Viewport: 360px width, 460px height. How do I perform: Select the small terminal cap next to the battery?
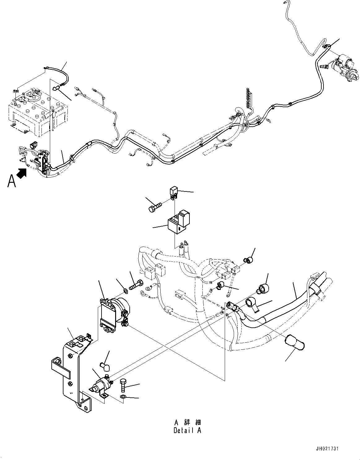[56, 89]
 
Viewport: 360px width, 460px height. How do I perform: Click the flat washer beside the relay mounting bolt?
[125, 290]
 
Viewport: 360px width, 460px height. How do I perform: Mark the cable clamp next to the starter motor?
[326, 46]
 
